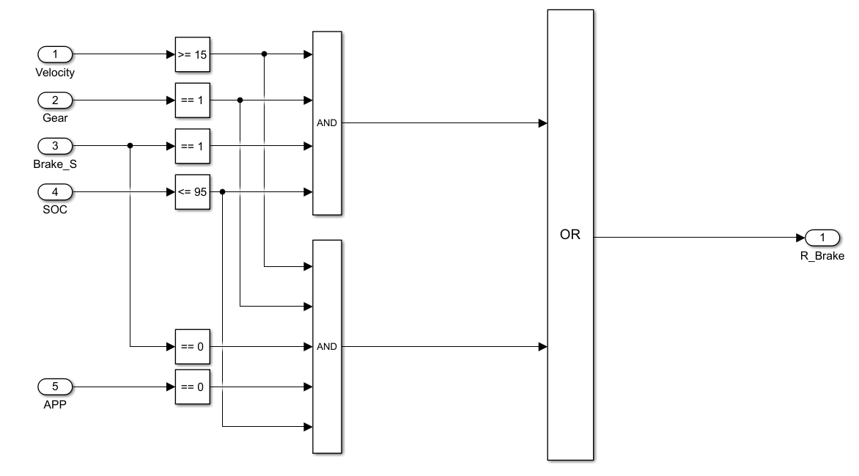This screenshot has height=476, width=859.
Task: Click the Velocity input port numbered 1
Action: [54, 54]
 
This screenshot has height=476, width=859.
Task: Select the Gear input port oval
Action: [54, 100]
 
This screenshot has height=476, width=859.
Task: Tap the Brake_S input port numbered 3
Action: [54, 146]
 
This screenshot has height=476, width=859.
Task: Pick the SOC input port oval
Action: [54, 192]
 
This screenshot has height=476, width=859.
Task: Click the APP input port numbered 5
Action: [54, 387]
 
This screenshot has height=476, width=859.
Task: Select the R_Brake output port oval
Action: [822, 238]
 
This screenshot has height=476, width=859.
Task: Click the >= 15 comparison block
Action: [193, 54]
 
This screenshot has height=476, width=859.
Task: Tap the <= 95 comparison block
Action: [193, 192]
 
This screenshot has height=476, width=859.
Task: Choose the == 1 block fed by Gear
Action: [193, 100]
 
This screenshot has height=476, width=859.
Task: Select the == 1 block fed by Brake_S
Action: [193, 146]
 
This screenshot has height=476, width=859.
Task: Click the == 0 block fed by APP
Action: [193, 387]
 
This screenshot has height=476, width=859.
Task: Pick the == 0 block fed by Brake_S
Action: [193, 346]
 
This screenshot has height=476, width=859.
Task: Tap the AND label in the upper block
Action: [327, 123]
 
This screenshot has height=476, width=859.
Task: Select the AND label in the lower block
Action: [327, 346]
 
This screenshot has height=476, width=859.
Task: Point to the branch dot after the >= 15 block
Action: [264, 54]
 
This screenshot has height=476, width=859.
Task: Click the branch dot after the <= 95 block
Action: [222, 192]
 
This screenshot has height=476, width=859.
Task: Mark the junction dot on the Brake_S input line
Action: [130, 146]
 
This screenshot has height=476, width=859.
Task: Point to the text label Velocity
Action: [55, 73]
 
